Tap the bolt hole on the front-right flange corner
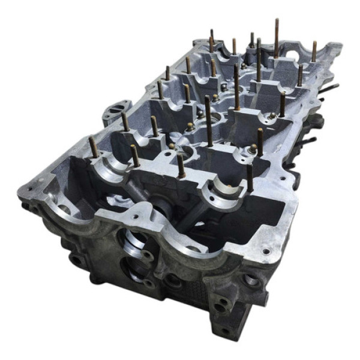tap(265, 251)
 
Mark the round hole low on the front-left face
tap(77, 260)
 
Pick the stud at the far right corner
tap(314, 52)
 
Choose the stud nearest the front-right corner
tap(250, 178)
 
